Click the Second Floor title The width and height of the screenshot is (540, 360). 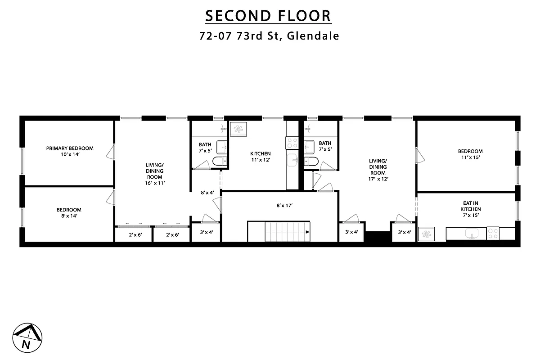(x=268, y=16)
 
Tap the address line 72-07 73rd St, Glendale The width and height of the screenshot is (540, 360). (x=269, y=36)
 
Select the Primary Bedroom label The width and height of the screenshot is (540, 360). (x=70, y=148)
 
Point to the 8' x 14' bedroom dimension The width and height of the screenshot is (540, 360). (x=69, y=216)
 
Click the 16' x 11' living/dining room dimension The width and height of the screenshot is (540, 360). (x=154, y=183)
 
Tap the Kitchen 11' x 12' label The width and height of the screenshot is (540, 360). (x=261, y=157)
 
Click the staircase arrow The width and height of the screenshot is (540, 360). (x=307, y=233)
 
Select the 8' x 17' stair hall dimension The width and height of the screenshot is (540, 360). (x=284, y=206)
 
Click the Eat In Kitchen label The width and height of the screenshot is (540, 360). (x=471, y=206)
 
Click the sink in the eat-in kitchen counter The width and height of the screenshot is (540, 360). (x=472, y=234)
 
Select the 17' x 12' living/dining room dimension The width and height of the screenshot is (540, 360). (x=378, y=179)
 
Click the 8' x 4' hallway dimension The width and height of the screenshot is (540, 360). (x=207, y=193)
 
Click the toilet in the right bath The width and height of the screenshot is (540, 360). (x=311, y=162)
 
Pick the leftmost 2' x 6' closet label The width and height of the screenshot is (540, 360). (x=135, y=234)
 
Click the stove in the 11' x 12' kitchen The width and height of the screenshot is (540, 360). (x=292, y=143)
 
